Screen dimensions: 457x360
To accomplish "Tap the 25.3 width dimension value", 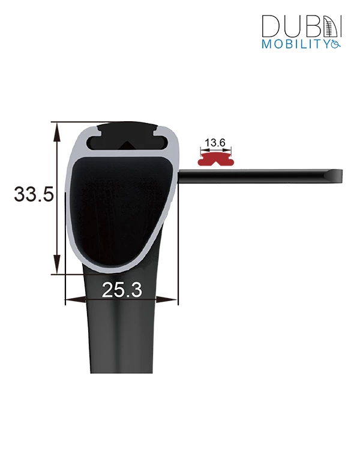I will tap(122, 290).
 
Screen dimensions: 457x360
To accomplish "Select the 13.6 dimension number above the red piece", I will tap(215, 143).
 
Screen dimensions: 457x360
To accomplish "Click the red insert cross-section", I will tap(215, 159).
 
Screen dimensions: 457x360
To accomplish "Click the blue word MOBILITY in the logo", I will tap(295, 44).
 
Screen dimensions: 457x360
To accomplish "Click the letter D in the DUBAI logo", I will tap(271, 26).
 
